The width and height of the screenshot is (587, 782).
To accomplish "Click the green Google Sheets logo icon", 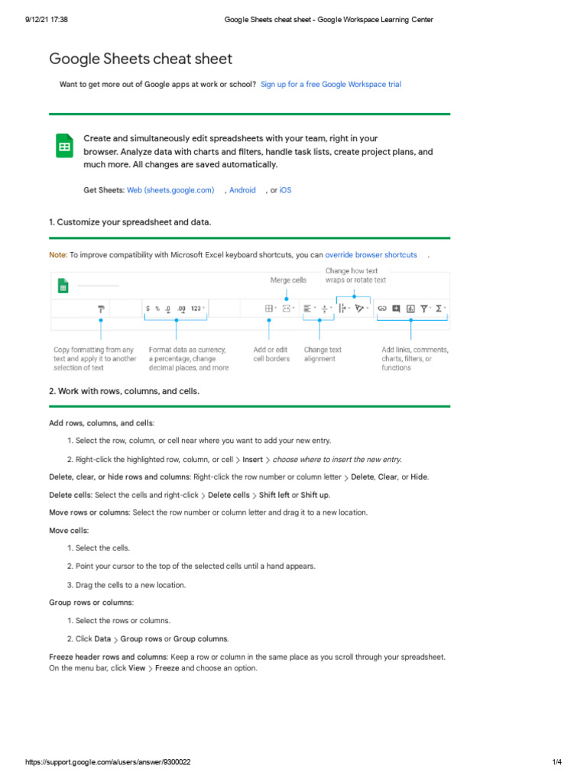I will (x=64, y=146).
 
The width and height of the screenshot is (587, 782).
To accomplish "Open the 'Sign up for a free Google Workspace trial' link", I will (x=330, y=85).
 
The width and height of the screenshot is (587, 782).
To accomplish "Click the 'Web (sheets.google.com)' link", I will (x=170, y=190).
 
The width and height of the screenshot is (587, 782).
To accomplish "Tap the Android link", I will (x=242, y=190).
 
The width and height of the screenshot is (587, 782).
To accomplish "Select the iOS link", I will (x=285, y=190).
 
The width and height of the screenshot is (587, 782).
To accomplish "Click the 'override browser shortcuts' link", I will (x=371, y=255).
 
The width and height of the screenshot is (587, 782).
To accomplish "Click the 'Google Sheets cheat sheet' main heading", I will (x=141, y=59).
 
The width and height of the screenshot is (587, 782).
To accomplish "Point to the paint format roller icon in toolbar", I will (x=100, y=309).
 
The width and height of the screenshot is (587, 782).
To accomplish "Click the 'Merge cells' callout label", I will (x=288, y=280).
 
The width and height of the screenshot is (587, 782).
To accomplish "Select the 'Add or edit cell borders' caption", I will (x=271, y=354).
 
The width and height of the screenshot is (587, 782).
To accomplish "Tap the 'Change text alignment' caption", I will (x=323, y=354).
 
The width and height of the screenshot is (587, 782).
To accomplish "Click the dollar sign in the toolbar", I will (x=148, y=309).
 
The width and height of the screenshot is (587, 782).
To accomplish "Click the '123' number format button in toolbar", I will (x=196, y=309).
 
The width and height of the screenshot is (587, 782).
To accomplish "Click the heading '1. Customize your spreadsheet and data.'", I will (x=130, y=222).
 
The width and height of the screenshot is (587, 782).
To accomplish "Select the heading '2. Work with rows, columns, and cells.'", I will (x=124, y=391).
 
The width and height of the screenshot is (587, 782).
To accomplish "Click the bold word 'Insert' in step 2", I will (x=252, y=460).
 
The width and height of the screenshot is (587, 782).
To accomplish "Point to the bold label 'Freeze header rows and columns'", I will (x=108, y=657).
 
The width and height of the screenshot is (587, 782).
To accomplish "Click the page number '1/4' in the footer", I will (x=556, y=763).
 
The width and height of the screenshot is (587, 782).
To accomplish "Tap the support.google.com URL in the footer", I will (x=108, y=763).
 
